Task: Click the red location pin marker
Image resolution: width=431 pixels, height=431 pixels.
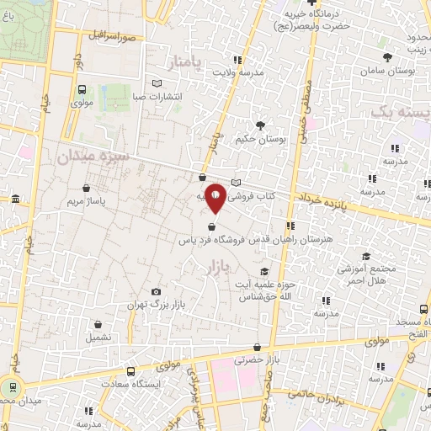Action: coord(215,197)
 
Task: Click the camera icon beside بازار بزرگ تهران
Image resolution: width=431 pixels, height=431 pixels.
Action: coord(156,291)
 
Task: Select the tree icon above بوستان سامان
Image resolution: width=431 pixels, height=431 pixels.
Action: coord(388,58)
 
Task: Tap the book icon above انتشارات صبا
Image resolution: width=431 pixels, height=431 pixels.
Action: coord(157,83)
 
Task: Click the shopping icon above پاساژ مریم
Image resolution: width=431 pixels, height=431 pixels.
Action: coord(87,186)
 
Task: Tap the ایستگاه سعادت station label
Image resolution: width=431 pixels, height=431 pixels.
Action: coord(130,383)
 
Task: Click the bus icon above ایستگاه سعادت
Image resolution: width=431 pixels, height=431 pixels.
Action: coord(130,370)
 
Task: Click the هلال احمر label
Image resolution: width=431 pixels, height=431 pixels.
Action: coord(386,282)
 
